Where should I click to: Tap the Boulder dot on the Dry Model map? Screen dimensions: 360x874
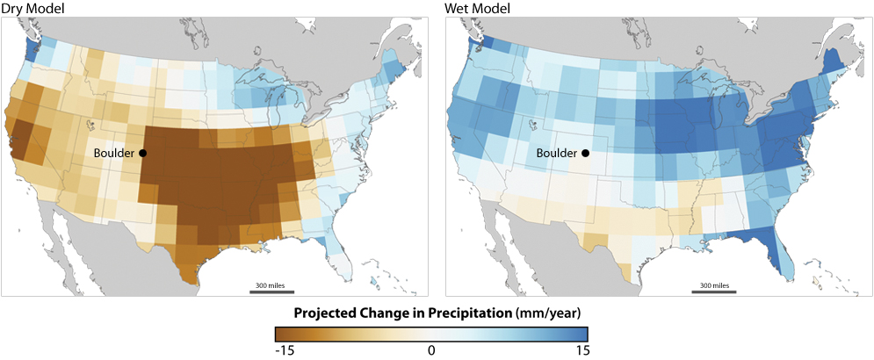[142, 153]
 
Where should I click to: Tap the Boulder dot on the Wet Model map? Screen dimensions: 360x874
[585, 153]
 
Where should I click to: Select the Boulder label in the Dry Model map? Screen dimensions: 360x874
[114, 153]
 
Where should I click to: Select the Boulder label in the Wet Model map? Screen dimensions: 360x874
[557, 153]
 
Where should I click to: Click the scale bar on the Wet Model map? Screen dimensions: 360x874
[713, 292]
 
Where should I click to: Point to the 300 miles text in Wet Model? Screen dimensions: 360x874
[713, 285]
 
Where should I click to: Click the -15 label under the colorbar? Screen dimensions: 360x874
[283, 349]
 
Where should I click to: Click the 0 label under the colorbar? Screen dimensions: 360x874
[431, 349]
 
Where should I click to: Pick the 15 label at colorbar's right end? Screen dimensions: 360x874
[583, 349]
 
